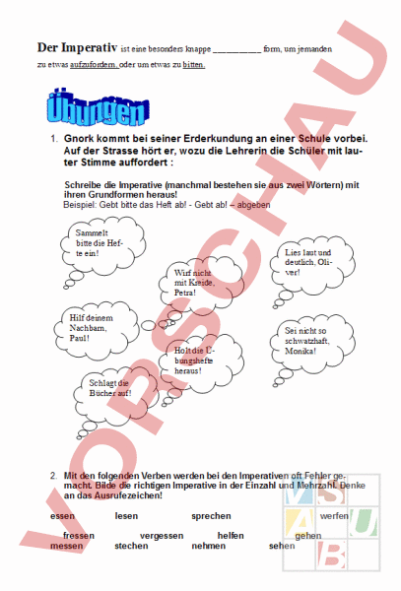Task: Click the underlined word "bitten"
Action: coord(193,65)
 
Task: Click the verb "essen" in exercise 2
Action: coord(62,516)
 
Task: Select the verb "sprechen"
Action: coord(211,516)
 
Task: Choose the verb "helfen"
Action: coord(231,535)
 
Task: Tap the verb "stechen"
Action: coord(131,546)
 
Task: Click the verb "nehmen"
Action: coord(208,546)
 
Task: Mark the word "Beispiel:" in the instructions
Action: coord(82,204)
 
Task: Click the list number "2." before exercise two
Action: coord(54,476)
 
